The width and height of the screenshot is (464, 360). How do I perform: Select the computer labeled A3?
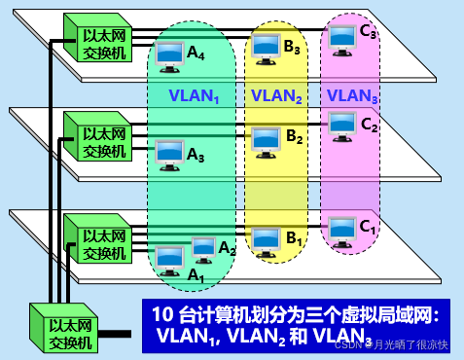click(x=169, y=152)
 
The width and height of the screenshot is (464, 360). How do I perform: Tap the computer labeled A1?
click(x=169, y=259)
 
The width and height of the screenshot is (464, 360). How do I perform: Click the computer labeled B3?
click(x=265, y=44)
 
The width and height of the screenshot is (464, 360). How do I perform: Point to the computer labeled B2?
click(x=266, y=139)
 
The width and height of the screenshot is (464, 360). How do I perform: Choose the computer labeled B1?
click(x=264, y=238)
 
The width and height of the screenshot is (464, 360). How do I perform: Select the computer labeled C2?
click(x=340, y=124)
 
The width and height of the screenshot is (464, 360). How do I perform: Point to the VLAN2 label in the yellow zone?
click(x=276, y=95)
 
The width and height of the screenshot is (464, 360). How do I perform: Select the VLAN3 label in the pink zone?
click(x=351, y=95)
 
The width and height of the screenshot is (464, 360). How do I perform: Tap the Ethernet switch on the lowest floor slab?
click(x=95, y=240)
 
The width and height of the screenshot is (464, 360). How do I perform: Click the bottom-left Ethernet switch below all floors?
click(x=62, y=328)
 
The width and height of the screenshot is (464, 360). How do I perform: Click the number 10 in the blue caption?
click(x=163, y=314)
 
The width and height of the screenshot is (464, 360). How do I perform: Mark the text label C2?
click(x=369, y=125)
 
